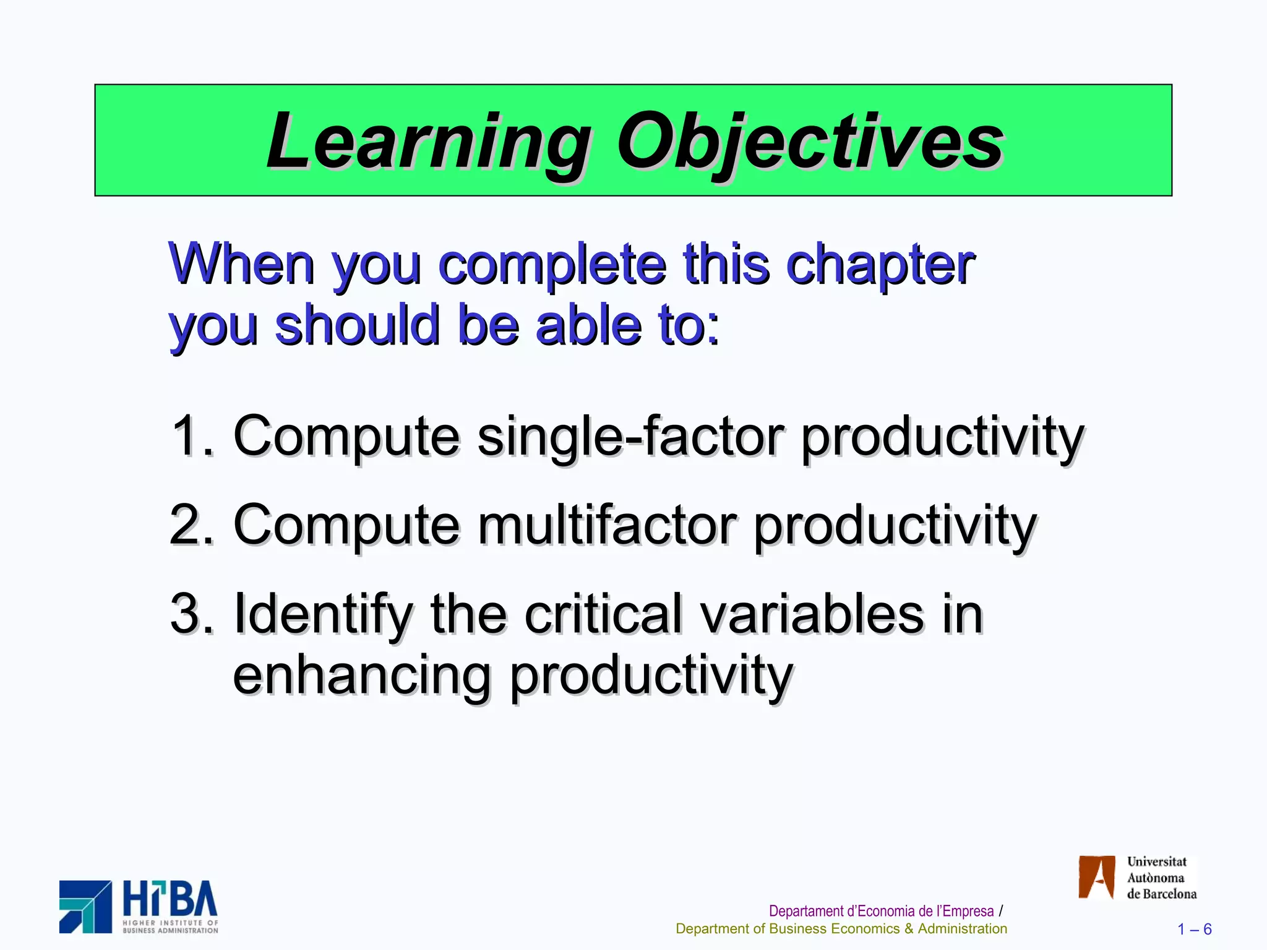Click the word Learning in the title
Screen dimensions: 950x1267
(x=427, y=142)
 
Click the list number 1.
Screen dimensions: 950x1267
(x=188, y=435)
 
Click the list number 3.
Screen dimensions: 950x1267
(x=188, y=614)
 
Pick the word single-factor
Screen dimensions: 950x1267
(x=631, y=437)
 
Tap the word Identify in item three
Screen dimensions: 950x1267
(x=322, y=615)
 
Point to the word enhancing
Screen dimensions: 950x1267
(x=361, y=675)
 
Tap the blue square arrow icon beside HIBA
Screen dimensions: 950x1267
(x=85, y=907)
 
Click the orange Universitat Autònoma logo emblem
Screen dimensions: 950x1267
(x=1096, y=877)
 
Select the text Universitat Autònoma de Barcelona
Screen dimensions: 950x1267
(x=1161, y=878)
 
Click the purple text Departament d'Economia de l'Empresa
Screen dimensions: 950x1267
(x=880, y=911)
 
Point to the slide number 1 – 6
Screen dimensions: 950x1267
(x=1194, y=929)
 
